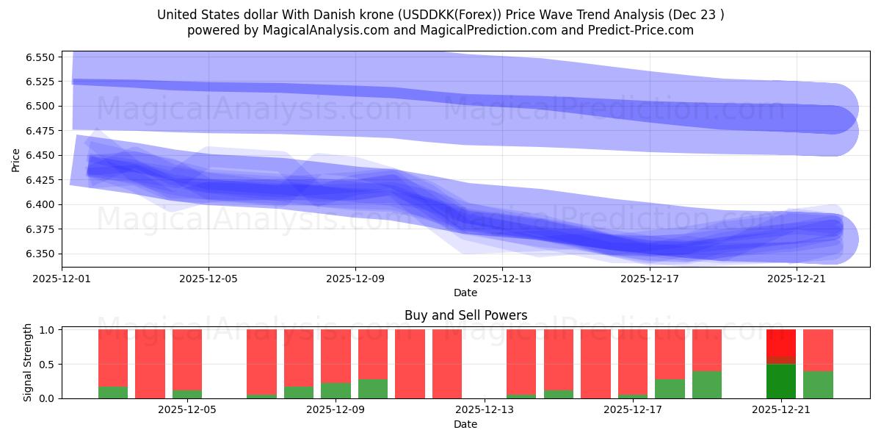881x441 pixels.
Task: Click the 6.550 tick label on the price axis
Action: pos(40,57)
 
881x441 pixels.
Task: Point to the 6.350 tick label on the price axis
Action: pos(40,254)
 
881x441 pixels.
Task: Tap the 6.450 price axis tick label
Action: pos(40,156)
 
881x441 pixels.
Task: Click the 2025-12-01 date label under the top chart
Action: pos(62,279)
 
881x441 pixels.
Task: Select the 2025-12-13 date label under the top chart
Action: pos(502,279)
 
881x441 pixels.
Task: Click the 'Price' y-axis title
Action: pos(16,159)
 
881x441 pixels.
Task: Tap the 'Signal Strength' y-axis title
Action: pos(28,363)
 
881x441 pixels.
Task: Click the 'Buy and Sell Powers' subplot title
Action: pos(465,315)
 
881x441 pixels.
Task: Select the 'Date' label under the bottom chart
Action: pos(465,424)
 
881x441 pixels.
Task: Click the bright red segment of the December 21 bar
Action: pos(781,343)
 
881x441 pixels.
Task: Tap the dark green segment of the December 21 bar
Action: pos(781,381)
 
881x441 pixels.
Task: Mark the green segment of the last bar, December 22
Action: pos(818,384)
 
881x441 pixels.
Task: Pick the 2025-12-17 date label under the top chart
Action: pos(649,279)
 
